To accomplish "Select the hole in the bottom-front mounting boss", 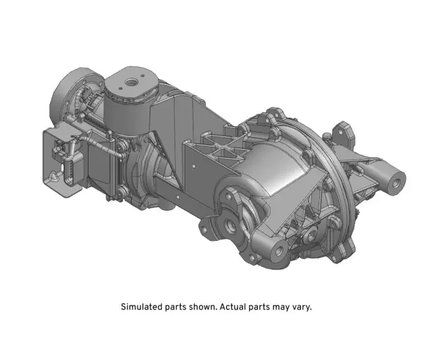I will coord(277,252).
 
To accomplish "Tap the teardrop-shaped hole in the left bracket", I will coord(51,177).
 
